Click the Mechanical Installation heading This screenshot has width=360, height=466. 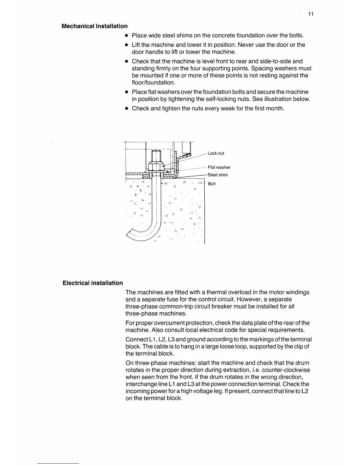click(x=94, y=26)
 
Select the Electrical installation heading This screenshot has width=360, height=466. click(x=93, y=283)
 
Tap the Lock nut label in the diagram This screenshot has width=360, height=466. click(x=216, y=153)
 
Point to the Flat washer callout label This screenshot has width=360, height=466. click(x=219, y=167)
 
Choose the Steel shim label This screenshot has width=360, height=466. click(x=218, y=175)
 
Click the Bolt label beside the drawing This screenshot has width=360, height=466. click(x=212, y=184)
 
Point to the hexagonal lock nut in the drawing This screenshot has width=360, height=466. click(x=156, y=167)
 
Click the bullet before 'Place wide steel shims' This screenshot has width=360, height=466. click(x=126, y=36)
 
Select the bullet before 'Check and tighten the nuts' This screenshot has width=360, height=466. click(x=126, y=109)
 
